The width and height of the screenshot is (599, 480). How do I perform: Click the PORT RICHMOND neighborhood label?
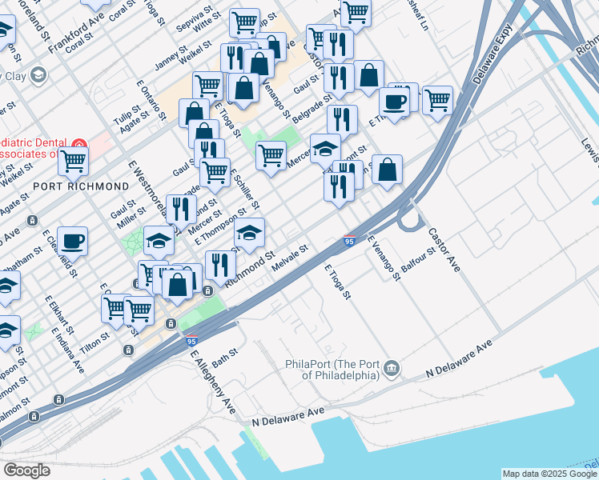click(x=81, y=186)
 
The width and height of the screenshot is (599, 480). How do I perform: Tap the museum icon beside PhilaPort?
click(x=392, y=368)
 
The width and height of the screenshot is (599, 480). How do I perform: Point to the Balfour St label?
click(x=417, y=261)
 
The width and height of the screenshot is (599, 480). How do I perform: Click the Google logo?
click(x=26, y=470)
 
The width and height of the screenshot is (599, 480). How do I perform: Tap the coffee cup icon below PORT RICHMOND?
click(x=72, y=239)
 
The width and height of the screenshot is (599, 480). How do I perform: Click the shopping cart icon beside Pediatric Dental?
click(x=73, y=160)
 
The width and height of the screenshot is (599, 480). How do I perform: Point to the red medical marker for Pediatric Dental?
click(x=78, y=145)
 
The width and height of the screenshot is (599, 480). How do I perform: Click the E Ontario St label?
click(x=150, y=98)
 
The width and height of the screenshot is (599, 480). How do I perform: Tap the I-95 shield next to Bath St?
click(x=191, y=341)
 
